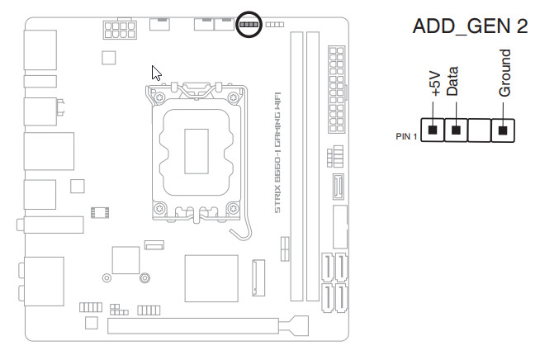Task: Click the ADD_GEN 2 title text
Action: (469, 26)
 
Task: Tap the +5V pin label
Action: (435, 83)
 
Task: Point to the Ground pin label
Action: (504, 73)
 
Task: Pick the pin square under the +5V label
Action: (433, 130)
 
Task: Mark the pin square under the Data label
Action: (455, 130)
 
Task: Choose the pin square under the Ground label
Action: (503, 130)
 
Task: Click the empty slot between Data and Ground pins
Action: (479, 130)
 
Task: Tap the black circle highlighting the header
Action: (248, 24)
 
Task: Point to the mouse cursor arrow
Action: (156, 72)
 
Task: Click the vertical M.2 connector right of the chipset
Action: (257, 278)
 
